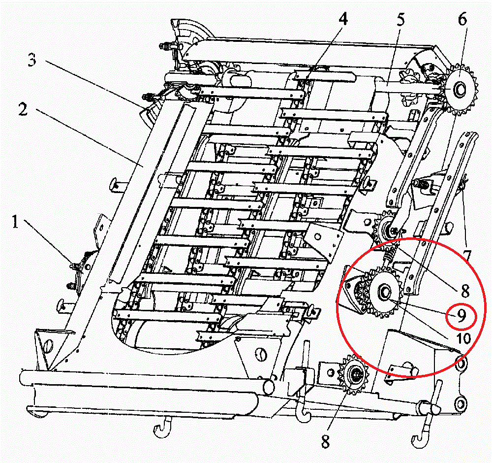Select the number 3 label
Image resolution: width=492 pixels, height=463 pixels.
tap(32, 62)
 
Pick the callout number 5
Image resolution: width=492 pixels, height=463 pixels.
tap(400, 20)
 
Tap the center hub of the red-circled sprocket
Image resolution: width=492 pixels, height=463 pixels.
tap(382, 293)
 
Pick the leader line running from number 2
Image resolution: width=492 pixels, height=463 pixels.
tap(84, 139)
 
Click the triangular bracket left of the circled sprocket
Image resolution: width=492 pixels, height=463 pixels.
tap(352, 291)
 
